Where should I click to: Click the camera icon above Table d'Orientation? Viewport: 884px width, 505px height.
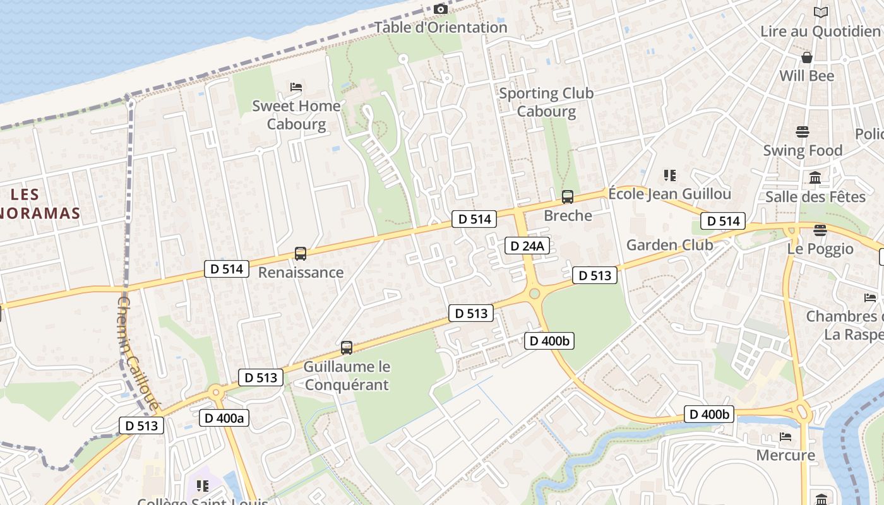441,9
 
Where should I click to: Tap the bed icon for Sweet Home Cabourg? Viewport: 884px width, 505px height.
296,86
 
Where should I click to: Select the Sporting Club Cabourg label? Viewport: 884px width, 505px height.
546,102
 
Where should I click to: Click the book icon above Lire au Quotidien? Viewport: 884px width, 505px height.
820,12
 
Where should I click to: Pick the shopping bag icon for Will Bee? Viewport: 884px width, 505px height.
806,57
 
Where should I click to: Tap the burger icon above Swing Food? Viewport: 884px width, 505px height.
803,132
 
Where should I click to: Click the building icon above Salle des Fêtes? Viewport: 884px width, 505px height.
815,178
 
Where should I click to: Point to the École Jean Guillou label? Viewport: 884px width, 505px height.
669,194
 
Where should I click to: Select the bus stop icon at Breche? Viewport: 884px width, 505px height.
568,197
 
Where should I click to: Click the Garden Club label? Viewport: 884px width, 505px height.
669,245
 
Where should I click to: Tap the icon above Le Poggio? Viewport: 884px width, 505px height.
820,230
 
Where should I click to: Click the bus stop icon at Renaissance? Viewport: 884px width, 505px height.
301,254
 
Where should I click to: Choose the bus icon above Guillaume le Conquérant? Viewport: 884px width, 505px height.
346,347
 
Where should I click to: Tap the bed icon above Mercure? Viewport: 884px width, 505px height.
785,436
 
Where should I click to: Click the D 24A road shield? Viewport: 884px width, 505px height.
527,246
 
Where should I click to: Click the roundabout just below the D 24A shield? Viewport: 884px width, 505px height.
534,293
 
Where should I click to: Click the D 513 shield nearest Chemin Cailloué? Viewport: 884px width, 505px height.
141,425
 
